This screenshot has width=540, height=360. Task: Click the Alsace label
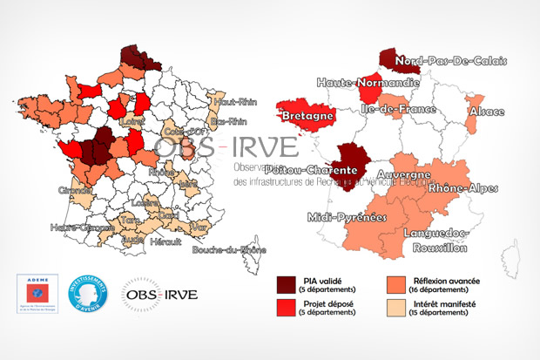(487, 112)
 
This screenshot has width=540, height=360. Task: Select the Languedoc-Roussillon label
(435, 240)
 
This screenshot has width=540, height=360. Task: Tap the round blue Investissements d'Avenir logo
(87, 295)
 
